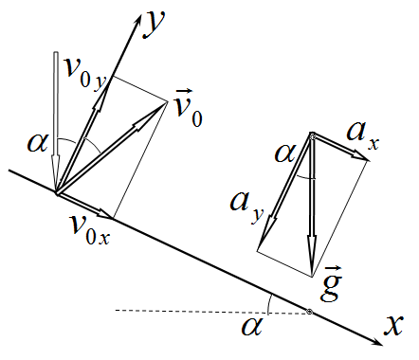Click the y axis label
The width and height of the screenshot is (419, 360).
click(155, 24)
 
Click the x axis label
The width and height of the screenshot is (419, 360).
click(393, 324)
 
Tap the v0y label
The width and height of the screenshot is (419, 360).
click(84, 75)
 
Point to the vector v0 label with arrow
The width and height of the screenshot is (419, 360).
click(189, 108)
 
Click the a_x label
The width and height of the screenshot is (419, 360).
click(363, 135)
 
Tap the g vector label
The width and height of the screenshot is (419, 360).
click(331, 284)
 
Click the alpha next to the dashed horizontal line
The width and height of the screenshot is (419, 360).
click(252, 327)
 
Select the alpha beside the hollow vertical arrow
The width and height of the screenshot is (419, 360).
click(38, 143)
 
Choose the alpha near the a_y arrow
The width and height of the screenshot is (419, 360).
click(285, 153)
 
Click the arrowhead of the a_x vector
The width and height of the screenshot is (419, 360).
click(360, 155)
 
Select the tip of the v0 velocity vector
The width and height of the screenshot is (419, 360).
click(167, 101)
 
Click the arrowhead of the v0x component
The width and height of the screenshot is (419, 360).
click(105, 214)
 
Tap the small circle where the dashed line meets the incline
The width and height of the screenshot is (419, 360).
click(309, 312)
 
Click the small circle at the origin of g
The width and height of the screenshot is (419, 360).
click(313, 136)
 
